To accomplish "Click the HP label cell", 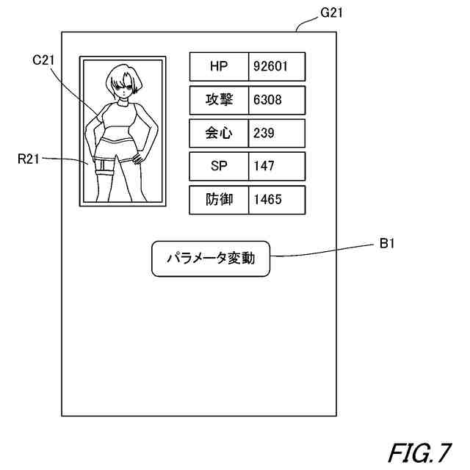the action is point(219,67).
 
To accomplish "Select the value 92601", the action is point(270,67).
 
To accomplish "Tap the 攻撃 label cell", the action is point(219,100).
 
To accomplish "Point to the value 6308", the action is point(267,100).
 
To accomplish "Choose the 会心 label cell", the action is point(219,133).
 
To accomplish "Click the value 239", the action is point(264,133).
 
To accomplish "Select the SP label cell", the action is point(219,166).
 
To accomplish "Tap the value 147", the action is point(264,166).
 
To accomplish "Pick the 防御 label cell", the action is point(219,200).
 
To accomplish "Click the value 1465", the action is point(267,200).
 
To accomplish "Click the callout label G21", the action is point(331,12).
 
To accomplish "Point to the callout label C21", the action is point(43,60).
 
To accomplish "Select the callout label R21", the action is point(29,159).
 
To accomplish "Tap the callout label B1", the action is point(387,243).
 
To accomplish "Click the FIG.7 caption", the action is point(419,453).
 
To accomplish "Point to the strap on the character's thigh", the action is point(103,172).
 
